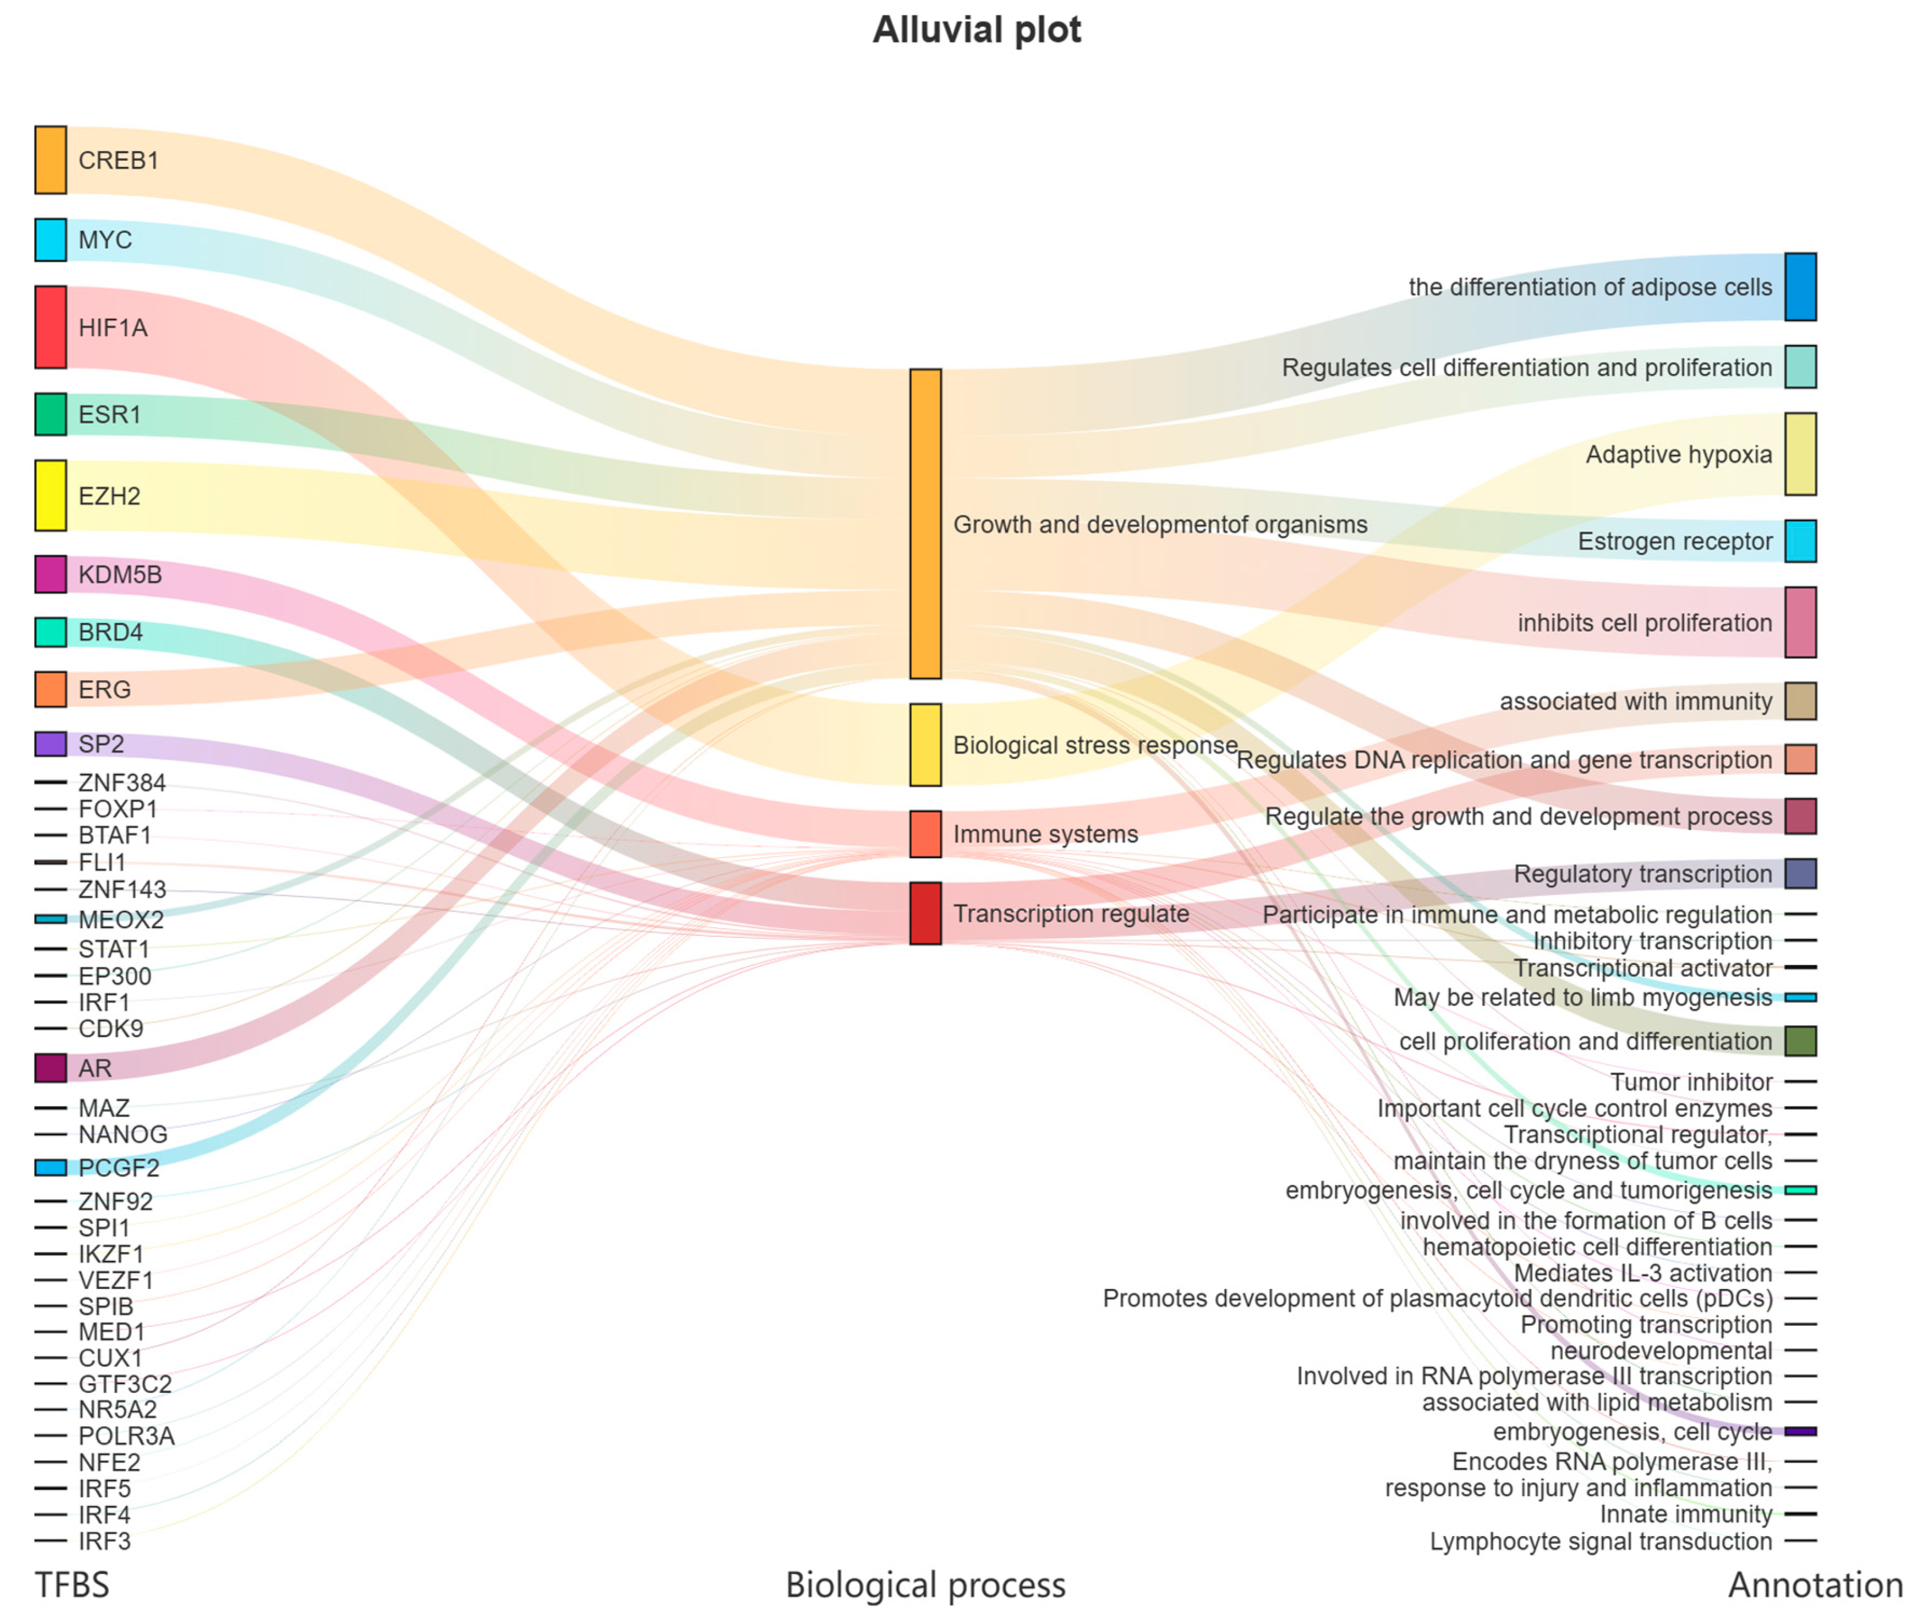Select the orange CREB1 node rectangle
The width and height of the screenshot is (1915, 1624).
50,160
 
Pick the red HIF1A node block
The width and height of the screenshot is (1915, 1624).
50,327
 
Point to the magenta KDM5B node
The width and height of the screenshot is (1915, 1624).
50,574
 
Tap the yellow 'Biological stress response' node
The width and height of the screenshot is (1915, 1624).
925,744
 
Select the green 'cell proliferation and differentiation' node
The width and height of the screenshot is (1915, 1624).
1799,1041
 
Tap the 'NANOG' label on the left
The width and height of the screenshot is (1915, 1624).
122,1134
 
